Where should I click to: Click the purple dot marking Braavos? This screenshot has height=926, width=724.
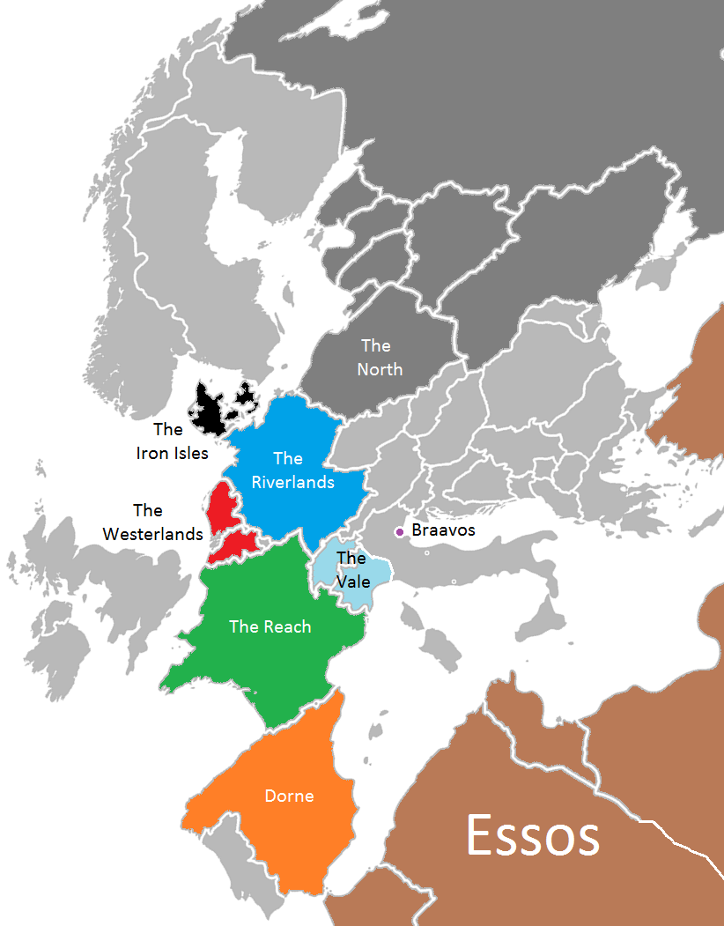pyautogui.click(x=400, y=531)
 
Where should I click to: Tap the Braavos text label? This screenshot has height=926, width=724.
pyautogui.click(x=443, y=530)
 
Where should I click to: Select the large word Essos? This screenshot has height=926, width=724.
pyautogui.click(x=533, y=835)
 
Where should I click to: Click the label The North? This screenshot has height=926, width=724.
pyautogui.click(x=379, y=357)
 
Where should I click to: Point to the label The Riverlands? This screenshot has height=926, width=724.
pyautogui.click(x=292, y=470)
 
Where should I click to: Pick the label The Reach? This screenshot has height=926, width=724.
pyautogui.click(x=270, y=626)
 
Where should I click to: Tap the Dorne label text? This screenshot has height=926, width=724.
pyautogui.click(x=289, y=796)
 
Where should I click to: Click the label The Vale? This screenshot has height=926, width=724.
pyautogui.click(x=351, y=569)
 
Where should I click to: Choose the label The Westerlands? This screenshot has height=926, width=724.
pyautogui.click(x=151, y=522)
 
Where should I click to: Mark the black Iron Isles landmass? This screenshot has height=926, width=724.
pyautogui.click(x=210, y=410)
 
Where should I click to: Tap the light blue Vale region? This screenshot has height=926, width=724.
pyautogui.click(x=366, y=588)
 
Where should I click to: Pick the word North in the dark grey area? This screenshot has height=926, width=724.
pyautogui.click(x=380, y=369)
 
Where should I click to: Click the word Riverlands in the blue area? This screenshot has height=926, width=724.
pyautogui.click(x=292, y=482)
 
